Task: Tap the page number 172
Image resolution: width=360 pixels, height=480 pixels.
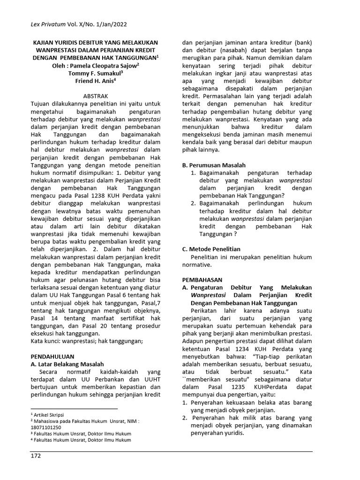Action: pyautogui.click(x=36, y=455)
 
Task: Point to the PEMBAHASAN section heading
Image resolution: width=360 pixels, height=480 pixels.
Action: pyautogui.click(x=203, y=279)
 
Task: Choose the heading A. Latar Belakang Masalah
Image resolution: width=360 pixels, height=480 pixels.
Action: pyautogui.click(x=67, y=364)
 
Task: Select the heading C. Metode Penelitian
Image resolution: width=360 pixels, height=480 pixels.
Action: pyautogui.click(x=211, y=249)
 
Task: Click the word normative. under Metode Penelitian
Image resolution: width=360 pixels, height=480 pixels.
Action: pyautogui.click(x=197, y=265)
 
